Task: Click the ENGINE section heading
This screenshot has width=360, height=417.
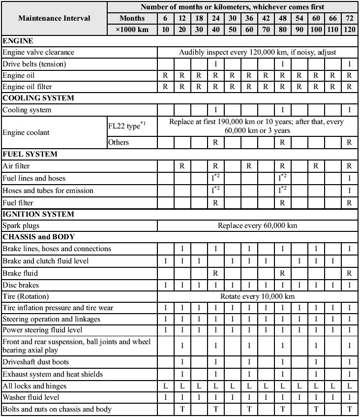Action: pos(18,41)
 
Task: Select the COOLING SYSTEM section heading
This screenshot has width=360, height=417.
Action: pos(38,98)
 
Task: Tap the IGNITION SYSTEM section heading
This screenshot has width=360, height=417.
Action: pos(38,214)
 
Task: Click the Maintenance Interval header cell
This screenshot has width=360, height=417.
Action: pos(54,18)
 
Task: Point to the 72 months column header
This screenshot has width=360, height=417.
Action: pos(349,18)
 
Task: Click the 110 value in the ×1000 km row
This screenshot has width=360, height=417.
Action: pos(332,30)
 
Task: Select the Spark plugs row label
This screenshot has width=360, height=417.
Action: pos(21,225)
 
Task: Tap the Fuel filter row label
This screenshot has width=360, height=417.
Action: pos(19,202)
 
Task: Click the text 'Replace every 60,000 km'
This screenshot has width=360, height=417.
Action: pos(257,225)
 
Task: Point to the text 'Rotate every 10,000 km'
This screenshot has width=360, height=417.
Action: pos(257,296)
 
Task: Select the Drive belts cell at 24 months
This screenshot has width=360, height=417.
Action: pos(215,64)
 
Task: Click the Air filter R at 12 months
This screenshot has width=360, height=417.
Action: pos(182,166)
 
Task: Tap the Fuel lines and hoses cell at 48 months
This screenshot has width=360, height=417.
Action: pos(282,178)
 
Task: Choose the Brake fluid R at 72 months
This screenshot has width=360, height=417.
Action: pos(349,273)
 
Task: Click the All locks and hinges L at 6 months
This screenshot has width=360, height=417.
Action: pos(166,386)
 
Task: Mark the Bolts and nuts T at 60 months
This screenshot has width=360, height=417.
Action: pos(316,409)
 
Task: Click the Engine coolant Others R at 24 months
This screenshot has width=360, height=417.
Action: pos(215,142)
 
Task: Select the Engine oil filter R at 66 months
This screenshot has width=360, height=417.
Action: pos(332,87)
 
